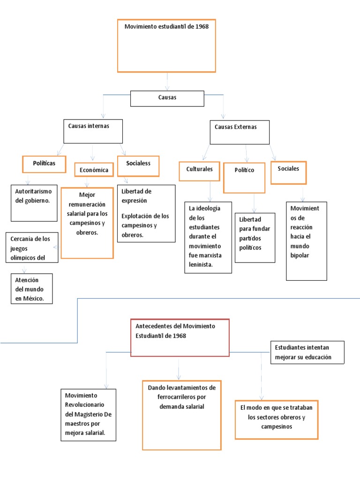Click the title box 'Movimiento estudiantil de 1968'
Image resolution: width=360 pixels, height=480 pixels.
[x=166, y=45]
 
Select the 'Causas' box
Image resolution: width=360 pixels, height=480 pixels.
[x=167, y=98]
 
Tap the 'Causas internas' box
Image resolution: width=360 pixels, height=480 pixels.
[x=93, y=131]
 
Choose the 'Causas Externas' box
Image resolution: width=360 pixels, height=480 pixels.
[x=240, y=132]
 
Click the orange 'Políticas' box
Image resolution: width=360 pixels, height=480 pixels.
[x=44, y=164]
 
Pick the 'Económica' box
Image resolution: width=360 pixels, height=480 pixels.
[x=94, y=170]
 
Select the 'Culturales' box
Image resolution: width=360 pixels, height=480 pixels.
[x=200, y=171]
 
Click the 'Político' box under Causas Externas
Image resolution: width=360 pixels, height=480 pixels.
[x=244, y=178]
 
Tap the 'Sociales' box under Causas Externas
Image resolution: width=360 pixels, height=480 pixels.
[x=288, y=172]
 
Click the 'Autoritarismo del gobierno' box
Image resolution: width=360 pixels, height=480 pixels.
[x=34, y=202]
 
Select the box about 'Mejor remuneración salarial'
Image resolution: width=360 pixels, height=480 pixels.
[x=87, y=223]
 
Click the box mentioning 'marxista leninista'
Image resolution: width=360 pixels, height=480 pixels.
[x=208, y=237]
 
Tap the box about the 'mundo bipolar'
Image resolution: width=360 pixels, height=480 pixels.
[x=306, y=241]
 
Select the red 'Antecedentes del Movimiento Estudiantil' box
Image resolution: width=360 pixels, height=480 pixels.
[x=180, y=337]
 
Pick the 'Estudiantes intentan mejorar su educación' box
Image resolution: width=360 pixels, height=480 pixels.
[x=307, y=352]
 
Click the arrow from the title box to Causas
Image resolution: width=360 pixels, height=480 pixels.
[x=167, y=82]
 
